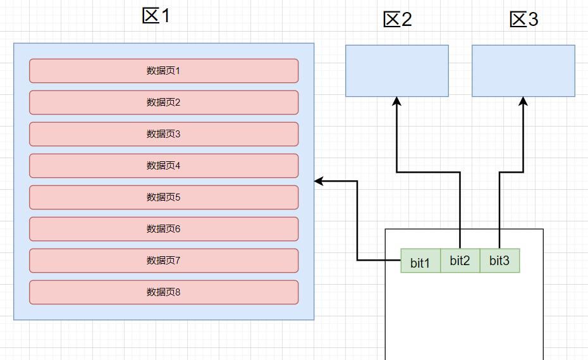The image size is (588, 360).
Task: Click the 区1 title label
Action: click(156, 16)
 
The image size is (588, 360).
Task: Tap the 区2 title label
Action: click(397, 20)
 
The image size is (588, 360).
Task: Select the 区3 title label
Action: click(524, 20)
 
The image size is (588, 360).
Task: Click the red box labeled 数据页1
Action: click(164, 71)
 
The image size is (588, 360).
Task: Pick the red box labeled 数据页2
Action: click(164, 102)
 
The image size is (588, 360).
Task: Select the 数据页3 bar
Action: click(164, 134)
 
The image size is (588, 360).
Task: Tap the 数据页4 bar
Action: click(164, 166)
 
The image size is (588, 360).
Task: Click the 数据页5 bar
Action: click(164, 197)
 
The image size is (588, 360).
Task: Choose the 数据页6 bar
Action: click(164, 229)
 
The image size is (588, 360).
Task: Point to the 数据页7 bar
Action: click(164, 261)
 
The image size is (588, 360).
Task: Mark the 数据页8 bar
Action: click(164, 292)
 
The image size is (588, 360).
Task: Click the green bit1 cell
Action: click(420, 261)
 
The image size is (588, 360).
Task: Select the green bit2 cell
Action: click(460, 260)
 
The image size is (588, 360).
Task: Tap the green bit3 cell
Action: click(499, 260)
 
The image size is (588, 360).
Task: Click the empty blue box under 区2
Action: click(397, 70)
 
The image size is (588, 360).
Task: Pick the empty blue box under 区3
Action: click(524, 70)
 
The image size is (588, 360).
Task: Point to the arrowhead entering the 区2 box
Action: click(397, 101)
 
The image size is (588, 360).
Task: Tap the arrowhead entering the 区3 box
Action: click(524, 101)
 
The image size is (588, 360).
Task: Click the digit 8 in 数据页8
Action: click(178, 292)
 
